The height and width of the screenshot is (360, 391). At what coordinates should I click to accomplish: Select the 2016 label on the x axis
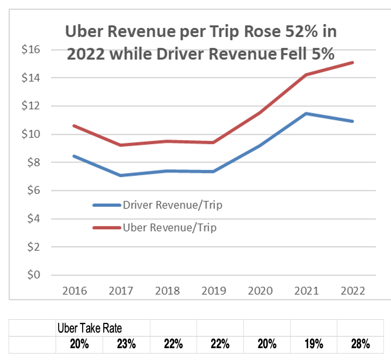click(75, 291)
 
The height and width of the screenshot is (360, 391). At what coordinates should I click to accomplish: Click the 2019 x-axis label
click(214, 291)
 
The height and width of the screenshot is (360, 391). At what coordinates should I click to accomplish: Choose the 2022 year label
click(352, 291)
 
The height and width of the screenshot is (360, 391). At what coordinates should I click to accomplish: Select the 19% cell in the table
click(314, 344)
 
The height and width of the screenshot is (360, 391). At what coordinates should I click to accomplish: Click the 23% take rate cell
click(126, 344)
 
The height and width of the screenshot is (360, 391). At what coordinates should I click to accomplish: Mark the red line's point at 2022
click(352, 62)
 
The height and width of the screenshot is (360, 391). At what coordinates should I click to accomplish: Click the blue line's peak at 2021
click(306, 113)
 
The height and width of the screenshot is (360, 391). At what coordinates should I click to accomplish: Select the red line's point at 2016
click(75, 126)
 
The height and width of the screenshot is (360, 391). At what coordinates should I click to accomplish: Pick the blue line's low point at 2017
click(121, 175)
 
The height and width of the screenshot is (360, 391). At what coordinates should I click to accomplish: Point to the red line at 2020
click(260, 113)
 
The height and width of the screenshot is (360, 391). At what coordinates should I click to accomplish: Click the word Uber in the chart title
click(82, 31)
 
